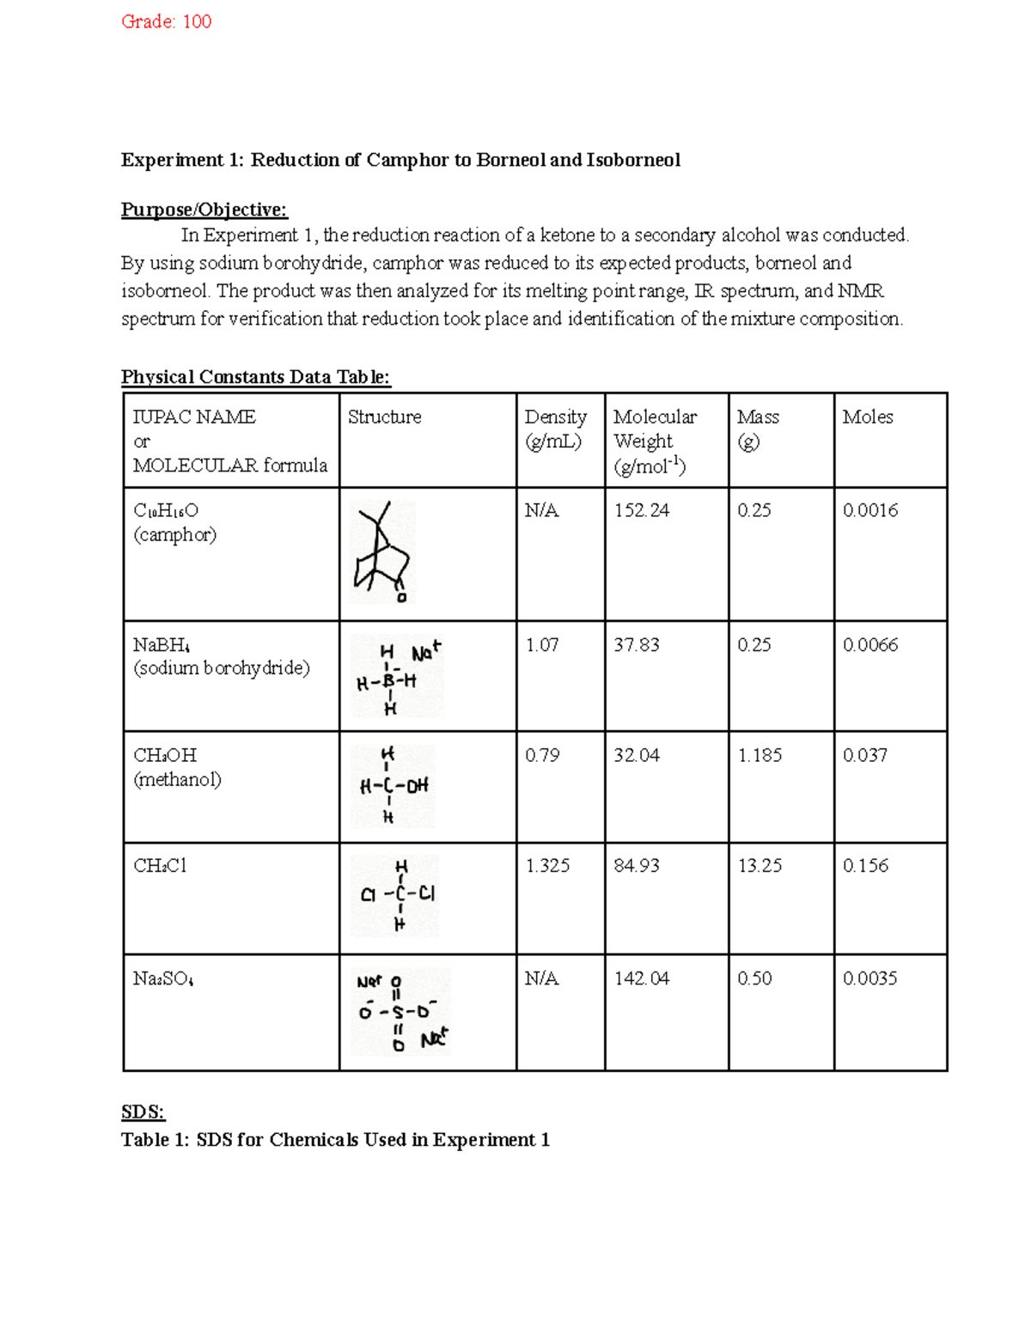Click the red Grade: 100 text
tap(166, 21)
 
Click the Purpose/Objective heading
tap(204, 210)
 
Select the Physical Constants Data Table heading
tap(255, 377)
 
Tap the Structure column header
tap(384, 417)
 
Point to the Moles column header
tap(867, 417)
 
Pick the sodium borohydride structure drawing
tap(397, 677)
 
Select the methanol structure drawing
tap(393, 786)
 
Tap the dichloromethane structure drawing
tap(396, 895)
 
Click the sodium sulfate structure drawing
tap(400, 1012)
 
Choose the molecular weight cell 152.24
tap(641, 511)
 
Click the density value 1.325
tap(547, 866)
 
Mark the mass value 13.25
tap(760, 866)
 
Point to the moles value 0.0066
tap(869, 645)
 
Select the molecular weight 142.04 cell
tap(641, 979)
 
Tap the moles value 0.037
tap(864, 756)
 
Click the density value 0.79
tap(542, 756)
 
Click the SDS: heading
tap(143, 1112)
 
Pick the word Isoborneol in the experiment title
tap(633, 161)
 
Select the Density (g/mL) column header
tap(555, 429)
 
